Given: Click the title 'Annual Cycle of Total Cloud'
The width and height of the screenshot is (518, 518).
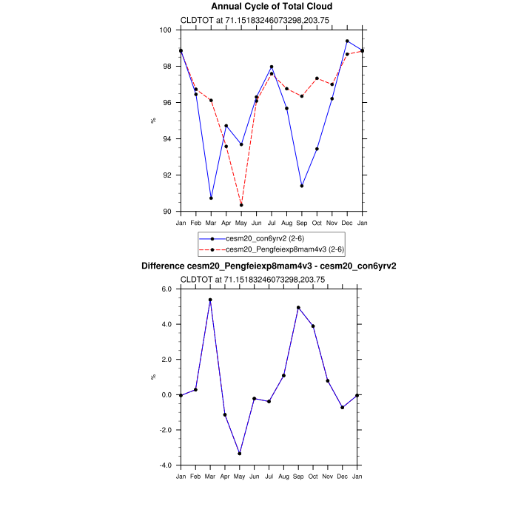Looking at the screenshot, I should [x=271, y=7].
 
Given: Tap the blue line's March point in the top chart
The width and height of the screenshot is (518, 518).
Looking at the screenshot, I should [x=211, y=198].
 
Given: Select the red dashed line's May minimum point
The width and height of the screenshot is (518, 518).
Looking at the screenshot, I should [x=241, y=205].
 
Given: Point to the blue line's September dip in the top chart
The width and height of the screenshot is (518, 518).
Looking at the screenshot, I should [x=302, y=186].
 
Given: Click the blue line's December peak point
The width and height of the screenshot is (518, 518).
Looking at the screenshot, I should [x=347, y=41].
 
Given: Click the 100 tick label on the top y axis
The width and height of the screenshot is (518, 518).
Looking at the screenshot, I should [x=166, y=30].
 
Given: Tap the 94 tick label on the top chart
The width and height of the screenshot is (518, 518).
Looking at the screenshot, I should [x=168, y=139].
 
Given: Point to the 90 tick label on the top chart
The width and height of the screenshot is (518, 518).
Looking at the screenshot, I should [x=168, y=212].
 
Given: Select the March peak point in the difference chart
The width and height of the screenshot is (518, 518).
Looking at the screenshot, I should [x=211, y=300].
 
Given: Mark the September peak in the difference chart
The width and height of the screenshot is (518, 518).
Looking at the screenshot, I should [x=298, y=308].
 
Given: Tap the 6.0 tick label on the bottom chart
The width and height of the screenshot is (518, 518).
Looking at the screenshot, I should [x=166, y=289].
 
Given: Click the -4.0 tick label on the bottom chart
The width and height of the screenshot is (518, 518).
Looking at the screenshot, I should [x=166, y=465].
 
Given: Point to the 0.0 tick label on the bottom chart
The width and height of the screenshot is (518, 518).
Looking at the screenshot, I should [x=166, y=395].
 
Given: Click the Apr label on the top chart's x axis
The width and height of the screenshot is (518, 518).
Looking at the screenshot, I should [x=226, y=223].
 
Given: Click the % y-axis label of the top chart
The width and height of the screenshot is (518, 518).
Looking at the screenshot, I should [x=153, y=121].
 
